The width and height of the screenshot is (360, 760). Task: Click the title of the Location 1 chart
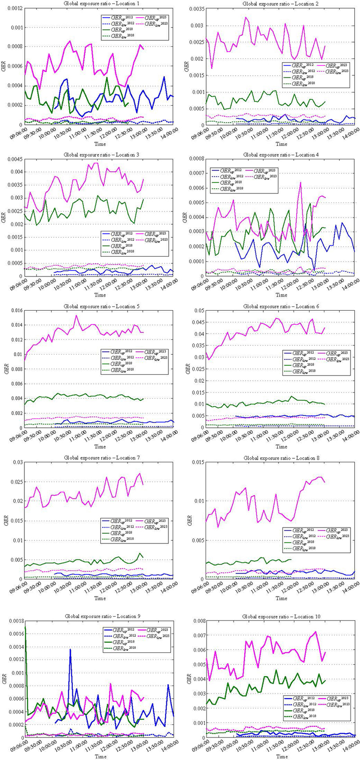(x=100, y=4)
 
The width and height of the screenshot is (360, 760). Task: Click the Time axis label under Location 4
(x=281, y=295)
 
